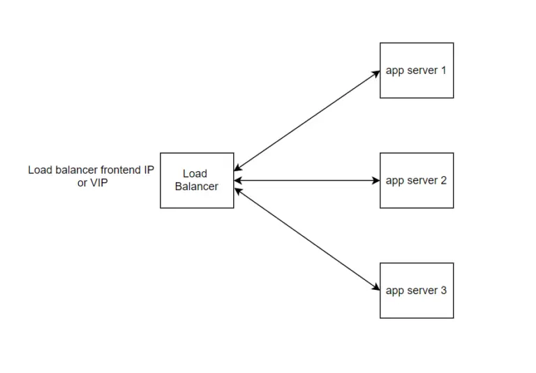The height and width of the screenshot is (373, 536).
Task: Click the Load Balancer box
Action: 197,180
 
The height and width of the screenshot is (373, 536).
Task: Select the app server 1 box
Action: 416,70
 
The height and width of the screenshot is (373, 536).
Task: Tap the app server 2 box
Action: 416,180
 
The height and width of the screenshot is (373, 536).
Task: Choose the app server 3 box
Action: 416,291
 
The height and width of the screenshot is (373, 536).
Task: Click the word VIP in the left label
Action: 98,183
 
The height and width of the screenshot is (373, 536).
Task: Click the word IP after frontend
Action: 149,170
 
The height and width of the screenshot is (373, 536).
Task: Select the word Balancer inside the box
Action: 196,186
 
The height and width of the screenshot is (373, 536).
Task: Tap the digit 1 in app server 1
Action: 442,71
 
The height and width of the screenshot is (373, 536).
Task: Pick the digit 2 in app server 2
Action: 443,180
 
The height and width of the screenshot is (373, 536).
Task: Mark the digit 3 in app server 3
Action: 443,291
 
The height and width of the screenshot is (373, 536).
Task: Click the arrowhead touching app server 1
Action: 376,73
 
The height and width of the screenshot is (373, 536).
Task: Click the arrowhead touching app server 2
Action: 375,180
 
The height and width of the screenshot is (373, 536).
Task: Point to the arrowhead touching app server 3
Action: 376,287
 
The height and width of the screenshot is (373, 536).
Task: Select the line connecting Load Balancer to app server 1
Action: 307,120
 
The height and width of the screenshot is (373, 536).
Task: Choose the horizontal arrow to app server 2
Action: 307,180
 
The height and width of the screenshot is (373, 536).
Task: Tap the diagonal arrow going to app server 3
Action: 307,239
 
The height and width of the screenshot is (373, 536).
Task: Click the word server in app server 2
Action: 422,180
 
